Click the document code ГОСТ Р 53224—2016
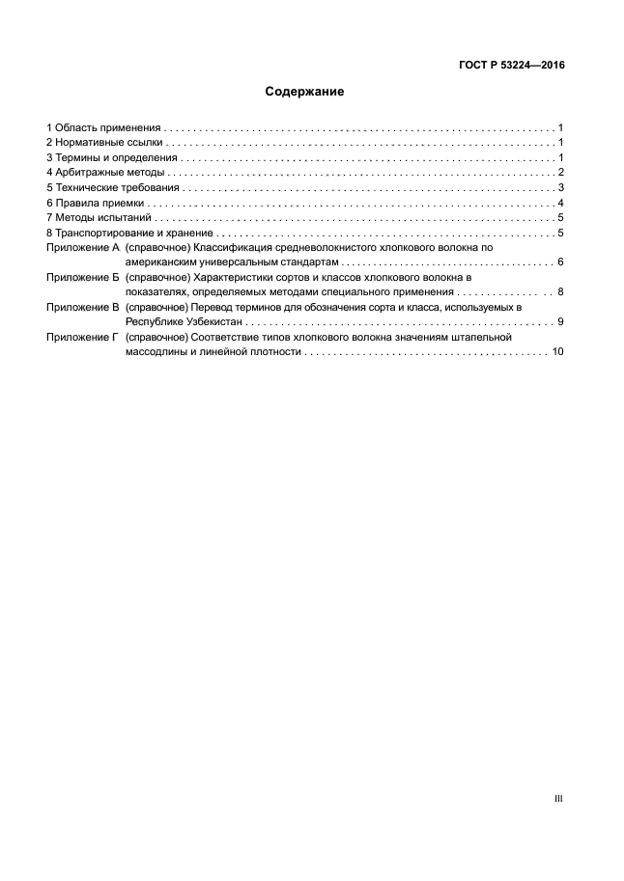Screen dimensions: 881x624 [513, 67]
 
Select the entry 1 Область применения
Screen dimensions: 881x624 [102, 127]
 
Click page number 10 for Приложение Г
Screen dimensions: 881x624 [557, 353]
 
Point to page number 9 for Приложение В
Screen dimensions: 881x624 [560, 322]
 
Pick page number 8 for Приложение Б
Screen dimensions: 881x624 [560, 292]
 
